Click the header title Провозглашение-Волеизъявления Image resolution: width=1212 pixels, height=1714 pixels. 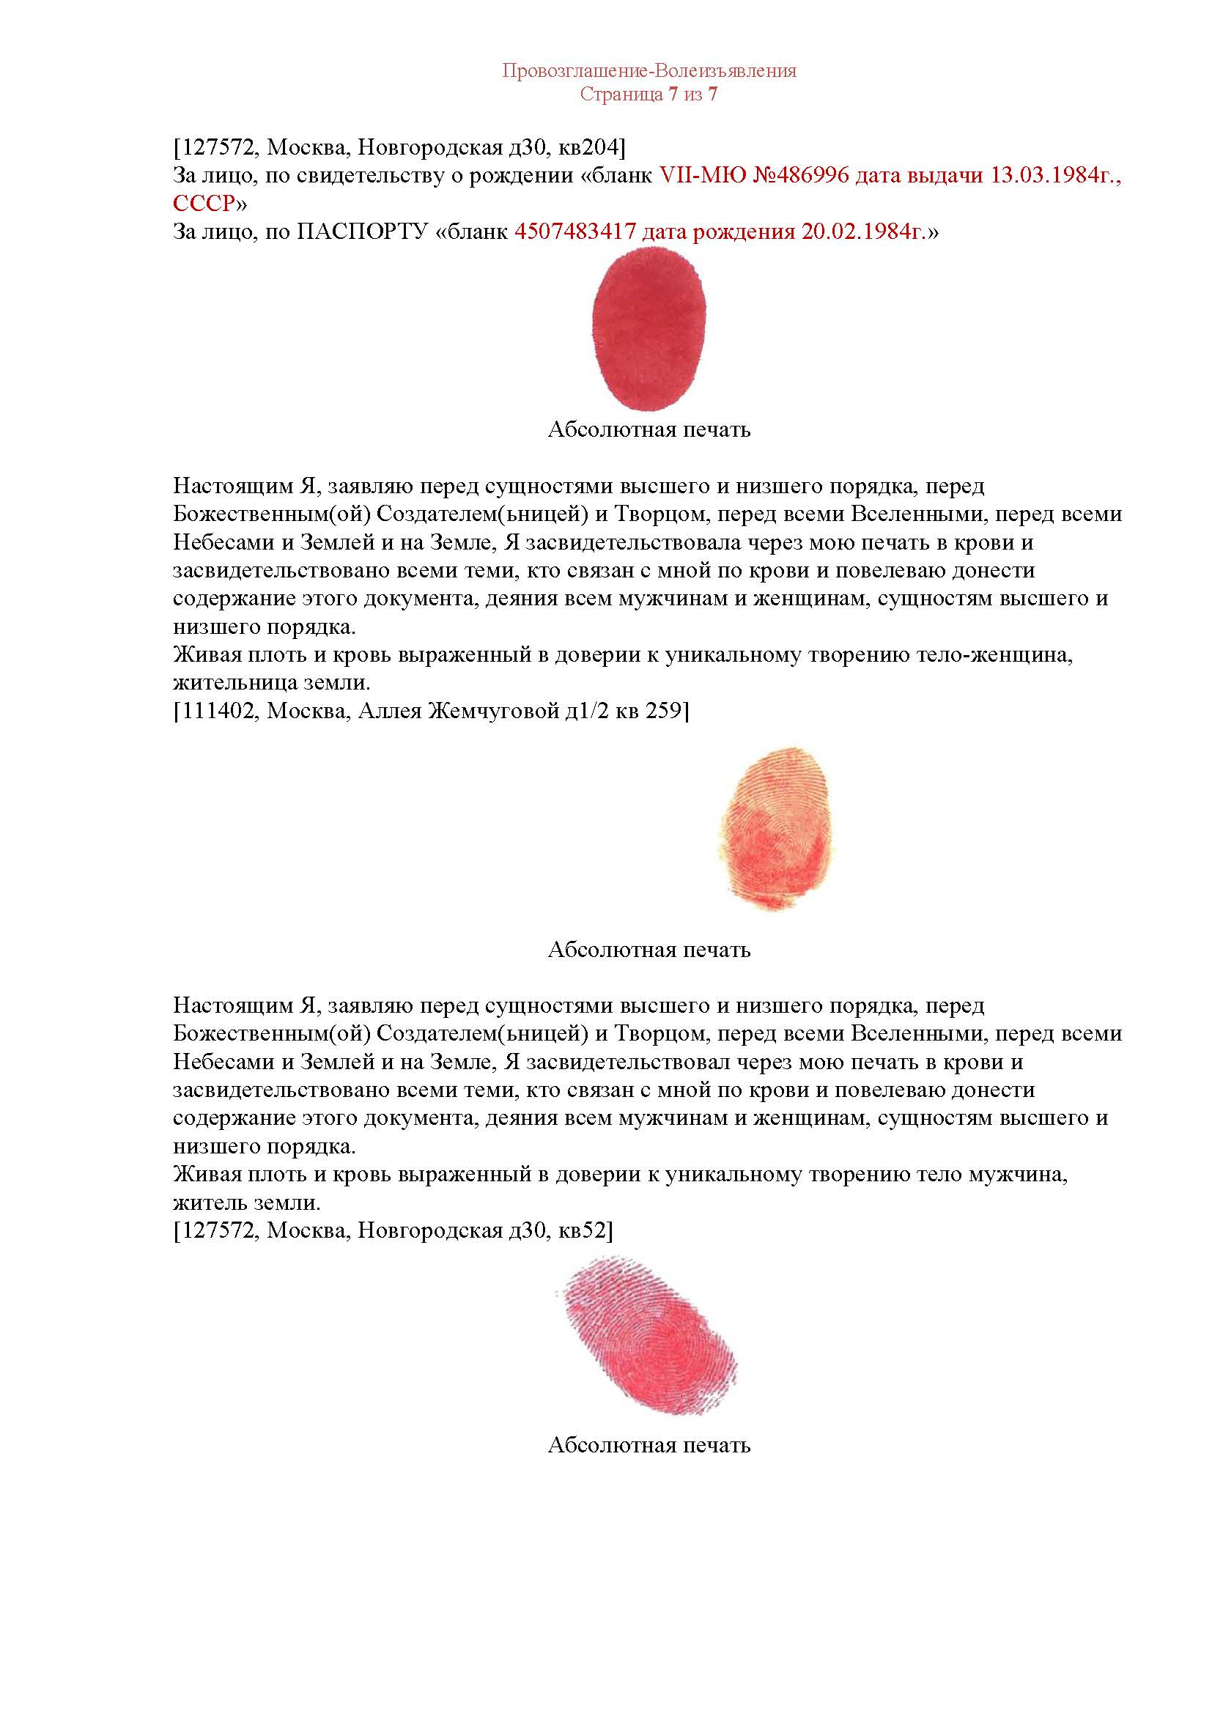pyautogui.click(x=649, y=71)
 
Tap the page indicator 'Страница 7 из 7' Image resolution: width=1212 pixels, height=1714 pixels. pyautogui.click(x=649, y=95)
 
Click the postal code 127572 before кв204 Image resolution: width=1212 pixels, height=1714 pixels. pyautogui.click(x=217, y=149)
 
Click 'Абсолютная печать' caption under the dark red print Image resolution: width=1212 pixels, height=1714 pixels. pyautogui.click(x=649, y=430)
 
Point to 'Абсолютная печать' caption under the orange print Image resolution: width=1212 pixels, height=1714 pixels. pyautogui.click(x=649, y=950)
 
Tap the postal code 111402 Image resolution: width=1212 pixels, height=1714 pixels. pyautogui.click(x=217, y=712)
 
